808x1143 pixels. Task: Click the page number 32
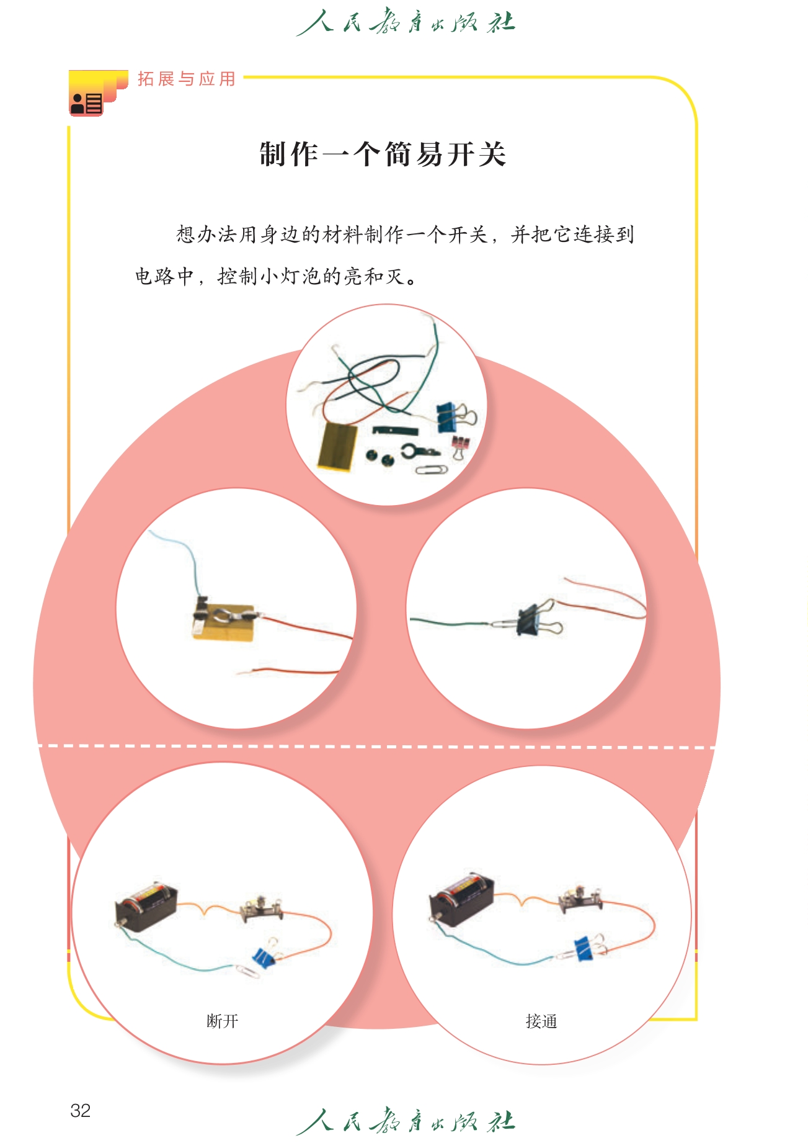[81, 1110]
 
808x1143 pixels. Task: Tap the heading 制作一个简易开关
[383, 154]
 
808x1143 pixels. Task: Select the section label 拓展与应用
[187, 79]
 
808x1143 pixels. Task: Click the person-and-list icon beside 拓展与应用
[86, 103]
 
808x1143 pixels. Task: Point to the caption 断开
[222, 1021]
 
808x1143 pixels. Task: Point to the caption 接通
[541, 1021]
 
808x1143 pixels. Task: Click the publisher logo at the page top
[406, 22]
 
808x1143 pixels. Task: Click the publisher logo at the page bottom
[406, 1121]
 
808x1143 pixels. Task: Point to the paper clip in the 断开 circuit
[247, 971]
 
